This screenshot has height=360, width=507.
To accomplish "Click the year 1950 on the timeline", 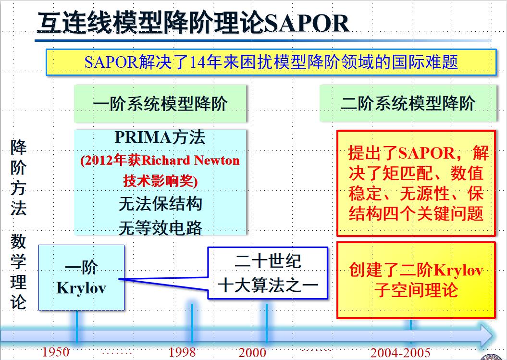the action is pos(56,352).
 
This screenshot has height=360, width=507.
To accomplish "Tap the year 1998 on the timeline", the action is pos(182,352).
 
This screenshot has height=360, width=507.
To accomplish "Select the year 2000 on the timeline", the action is pos(252,352).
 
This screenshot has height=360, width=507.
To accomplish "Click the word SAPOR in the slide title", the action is pos(307,23).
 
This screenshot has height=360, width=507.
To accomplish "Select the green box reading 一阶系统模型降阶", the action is pos(160,103).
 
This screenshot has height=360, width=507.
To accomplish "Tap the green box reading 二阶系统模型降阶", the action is pos(408,103).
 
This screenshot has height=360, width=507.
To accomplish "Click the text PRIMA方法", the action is pos(160,137).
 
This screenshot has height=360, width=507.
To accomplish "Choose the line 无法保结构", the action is pos(161,204).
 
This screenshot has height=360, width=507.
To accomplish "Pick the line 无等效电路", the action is pos(161,228).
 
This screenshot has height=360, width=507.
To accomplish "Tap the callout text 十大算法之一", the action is pos(268,286).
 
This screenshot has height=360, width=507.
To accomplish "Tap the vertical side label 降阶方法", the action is pos(18,177).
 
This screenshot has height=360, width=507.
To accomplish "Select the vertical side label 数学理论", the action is pos(18,272).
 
